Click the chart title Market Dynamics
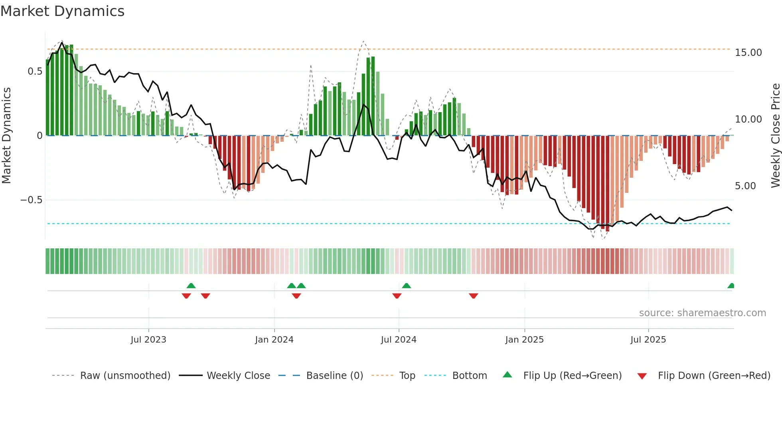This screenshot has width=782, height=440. (62, 11)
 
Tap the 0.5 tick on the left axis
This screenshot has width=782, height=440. (35, 71)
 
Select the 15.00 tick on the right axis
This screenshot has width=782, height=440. (748, 53)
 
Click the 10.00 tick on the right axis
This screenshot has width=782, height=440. (748, 119)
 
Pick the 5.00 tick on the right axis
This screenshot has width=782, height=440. (745, 186)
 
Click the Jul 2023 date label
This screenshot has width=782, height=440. (148, 340)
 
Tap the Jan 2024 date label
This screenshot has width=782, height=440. (274, 340)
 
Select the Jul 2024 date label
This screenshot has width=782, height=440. (399, 340)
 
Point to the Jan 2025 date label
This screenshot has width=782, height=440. (524, 340)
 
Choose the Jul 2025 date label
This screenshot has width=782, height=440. (648, 340)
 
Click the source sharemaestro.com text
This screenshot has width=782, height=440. (702, 313)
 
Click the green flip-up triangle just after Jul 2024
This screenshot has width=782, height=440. (406, 285)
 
